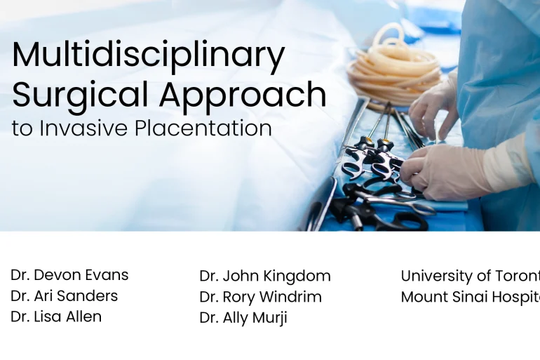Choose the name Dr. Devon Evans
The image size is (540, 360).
(x=69, y=275)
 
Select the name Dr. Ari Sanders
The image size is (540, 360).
(x=64, y=296)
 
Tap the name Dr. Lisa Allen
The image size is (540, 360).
(x=56, y=316)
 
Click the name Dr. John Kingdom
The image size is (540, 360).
(x=264, y=276)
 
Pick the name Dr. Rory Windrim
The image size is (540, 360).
(x=260, y=297)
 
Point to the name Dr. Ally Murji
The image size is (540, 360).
(x=243, y=318)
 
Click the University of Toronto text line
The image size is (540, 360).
(x=470, y=276)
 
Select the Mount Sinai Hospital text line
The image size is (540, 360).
(x=470, y=297)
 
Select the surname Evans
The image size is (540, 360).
(x=106, y=275)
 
